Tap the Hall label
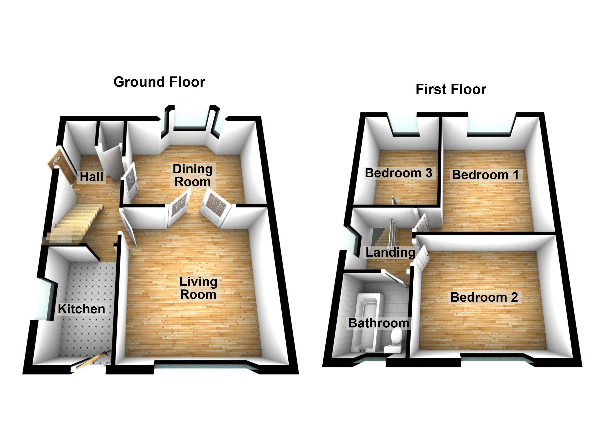(91, 177)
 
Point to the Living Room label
(198, 288)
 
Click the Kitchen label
(82, 309)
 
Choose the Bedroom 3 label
(398, 173)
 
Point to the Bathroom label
(379, 323)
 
